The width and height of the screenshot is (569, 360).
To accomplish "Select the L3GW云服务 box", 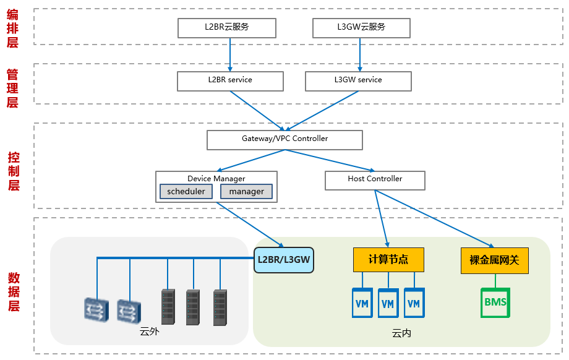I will pyautogui.click(x=361, y=27).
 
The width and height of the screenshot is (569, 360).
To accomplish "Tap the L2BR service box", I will pyautogui.click(x=230, y=80).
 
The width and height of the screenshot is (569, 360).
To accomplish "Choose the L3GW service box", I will pyautogui.click(x=358, y=80).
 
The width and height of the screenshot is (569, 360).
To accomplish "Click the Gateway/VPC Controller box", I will pyautogui.click(x=284, y=139).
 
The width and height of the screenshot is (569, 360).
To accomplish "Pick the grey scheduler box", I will pyautogui.click(x=186, y=192).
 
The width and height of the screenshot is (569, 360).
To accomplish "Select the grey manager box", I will pyautogui.click(x=246, y=192).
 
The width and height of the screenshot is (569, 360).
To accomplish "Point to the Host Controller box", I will pyautogui.click(x=375, y=179).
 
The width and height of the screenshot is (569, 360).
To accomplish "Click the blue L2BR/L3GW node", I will pyautogui.click(x=284, y=260).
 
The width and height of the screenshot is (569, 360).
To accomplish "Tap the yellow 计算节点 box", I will pyautogui.click(x=388, y=260).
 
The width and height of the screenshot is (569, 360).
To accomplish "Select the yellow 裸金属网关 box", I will pyautogui.click(x=495, y=260).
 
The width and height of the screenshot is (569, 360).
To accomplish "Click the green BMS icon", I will pyautogui.click(x=495, y=302).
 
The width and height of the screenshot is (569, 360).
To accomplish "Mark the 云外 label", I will pyautogui.click(x=150, y=332).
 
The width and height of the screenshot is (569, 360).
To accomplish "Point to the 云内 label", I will pyautogui.click(x=401, y=333).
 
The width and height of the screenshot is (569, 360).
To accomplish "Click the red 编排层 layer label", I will pyautogui.click(x=12, y=27).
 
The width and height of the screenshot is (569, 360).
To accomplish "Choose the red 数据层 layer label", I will pyautogui.click(x=13, y=291).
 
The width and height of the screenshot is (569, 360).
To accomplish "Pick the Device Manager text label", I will pyautogui.click(x=216, y=179).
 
